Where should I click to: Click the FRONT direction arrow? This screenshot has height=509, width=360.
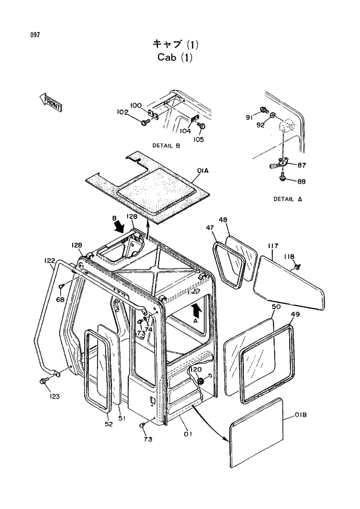pos(52,102)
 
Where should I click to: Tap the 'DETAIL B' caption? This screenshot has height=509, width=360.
pos(166,146)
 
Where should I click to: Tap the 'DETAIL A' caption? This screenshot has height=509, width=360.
pos(288,199)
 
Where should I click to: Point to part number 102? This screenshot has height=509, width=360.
pos(123,112)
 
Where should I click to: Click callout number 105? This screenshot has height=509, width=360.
pos(199,139)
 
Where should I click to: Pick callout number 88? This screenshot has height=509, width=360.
pos(301,181)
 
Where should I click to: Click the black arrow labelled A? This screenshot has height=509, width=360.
pos(196,311)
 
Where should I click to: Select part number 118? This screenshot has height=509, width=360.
pos(289,256)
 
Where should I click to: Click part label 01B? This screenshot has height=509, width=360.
pos(300,414)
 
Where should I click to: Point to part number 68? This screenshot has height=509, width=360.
pos(60,299)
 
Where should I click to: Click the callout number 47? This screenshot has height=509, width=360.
pos(210,229)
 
